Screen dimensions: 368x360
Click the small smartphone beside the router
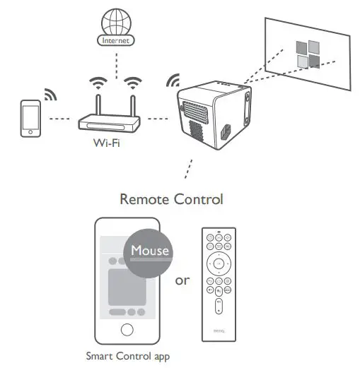coord(30,117)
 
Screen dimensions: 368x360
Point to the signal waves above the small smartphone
coord(50,95)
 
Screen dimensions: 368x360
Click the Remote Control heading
coord(171,200)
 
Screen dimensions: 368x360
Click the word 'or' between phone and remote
coord(182,281)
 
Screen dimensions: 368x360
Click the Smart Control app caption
coord(127,357)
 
